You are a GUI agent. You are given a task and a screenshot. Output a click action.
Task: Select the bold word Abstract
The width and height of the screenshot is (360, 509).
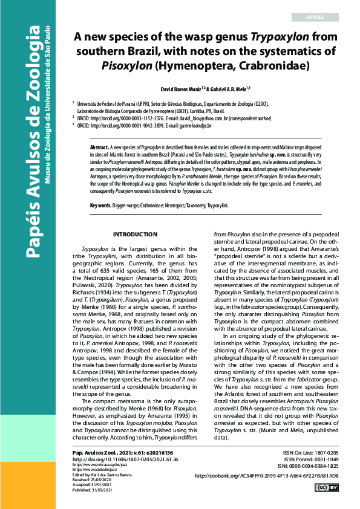coord(99,147)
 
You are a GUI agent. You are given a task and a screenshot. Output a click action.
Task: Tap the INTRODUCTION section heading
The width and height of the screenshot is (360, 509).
coord(135,234)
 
